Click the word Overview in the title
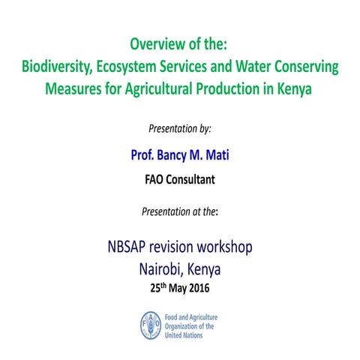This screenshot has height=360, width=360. (x=157, y=43)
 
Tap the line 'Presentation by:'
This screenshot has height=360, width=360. (x=179, y=128)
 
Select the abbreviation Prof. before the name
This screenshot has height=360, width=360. (x=145, y=156)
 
